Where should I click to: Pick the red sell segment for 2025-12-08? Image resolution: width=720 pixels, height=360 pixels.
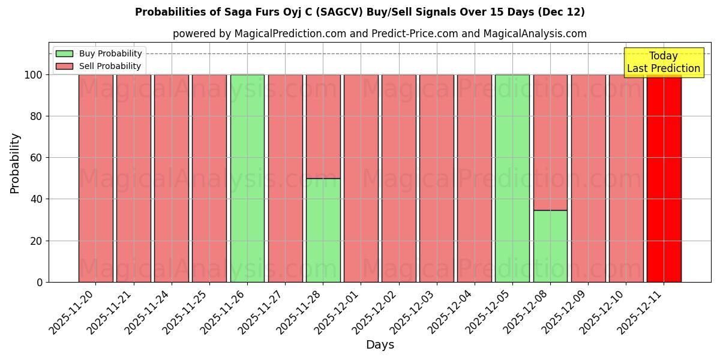550,142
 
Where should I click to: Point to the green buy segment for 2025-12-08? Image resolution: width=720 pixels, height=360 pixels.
550,246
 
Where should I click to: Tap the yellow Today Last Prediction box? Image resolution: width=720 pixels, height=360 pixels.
663,62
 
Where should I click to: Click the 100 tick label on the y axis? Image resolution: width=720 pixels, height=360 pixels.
34,75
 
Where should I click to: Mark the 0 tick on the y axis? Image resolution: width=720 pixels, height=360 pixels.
40,282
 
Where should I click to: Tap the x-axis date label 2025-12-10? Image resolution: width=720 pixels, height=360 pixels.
603,311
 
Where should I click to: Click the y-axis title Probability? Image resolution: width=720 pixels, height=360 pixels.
15,163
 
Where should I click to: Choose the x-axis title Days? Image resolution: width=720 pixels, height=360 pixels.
380,345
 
